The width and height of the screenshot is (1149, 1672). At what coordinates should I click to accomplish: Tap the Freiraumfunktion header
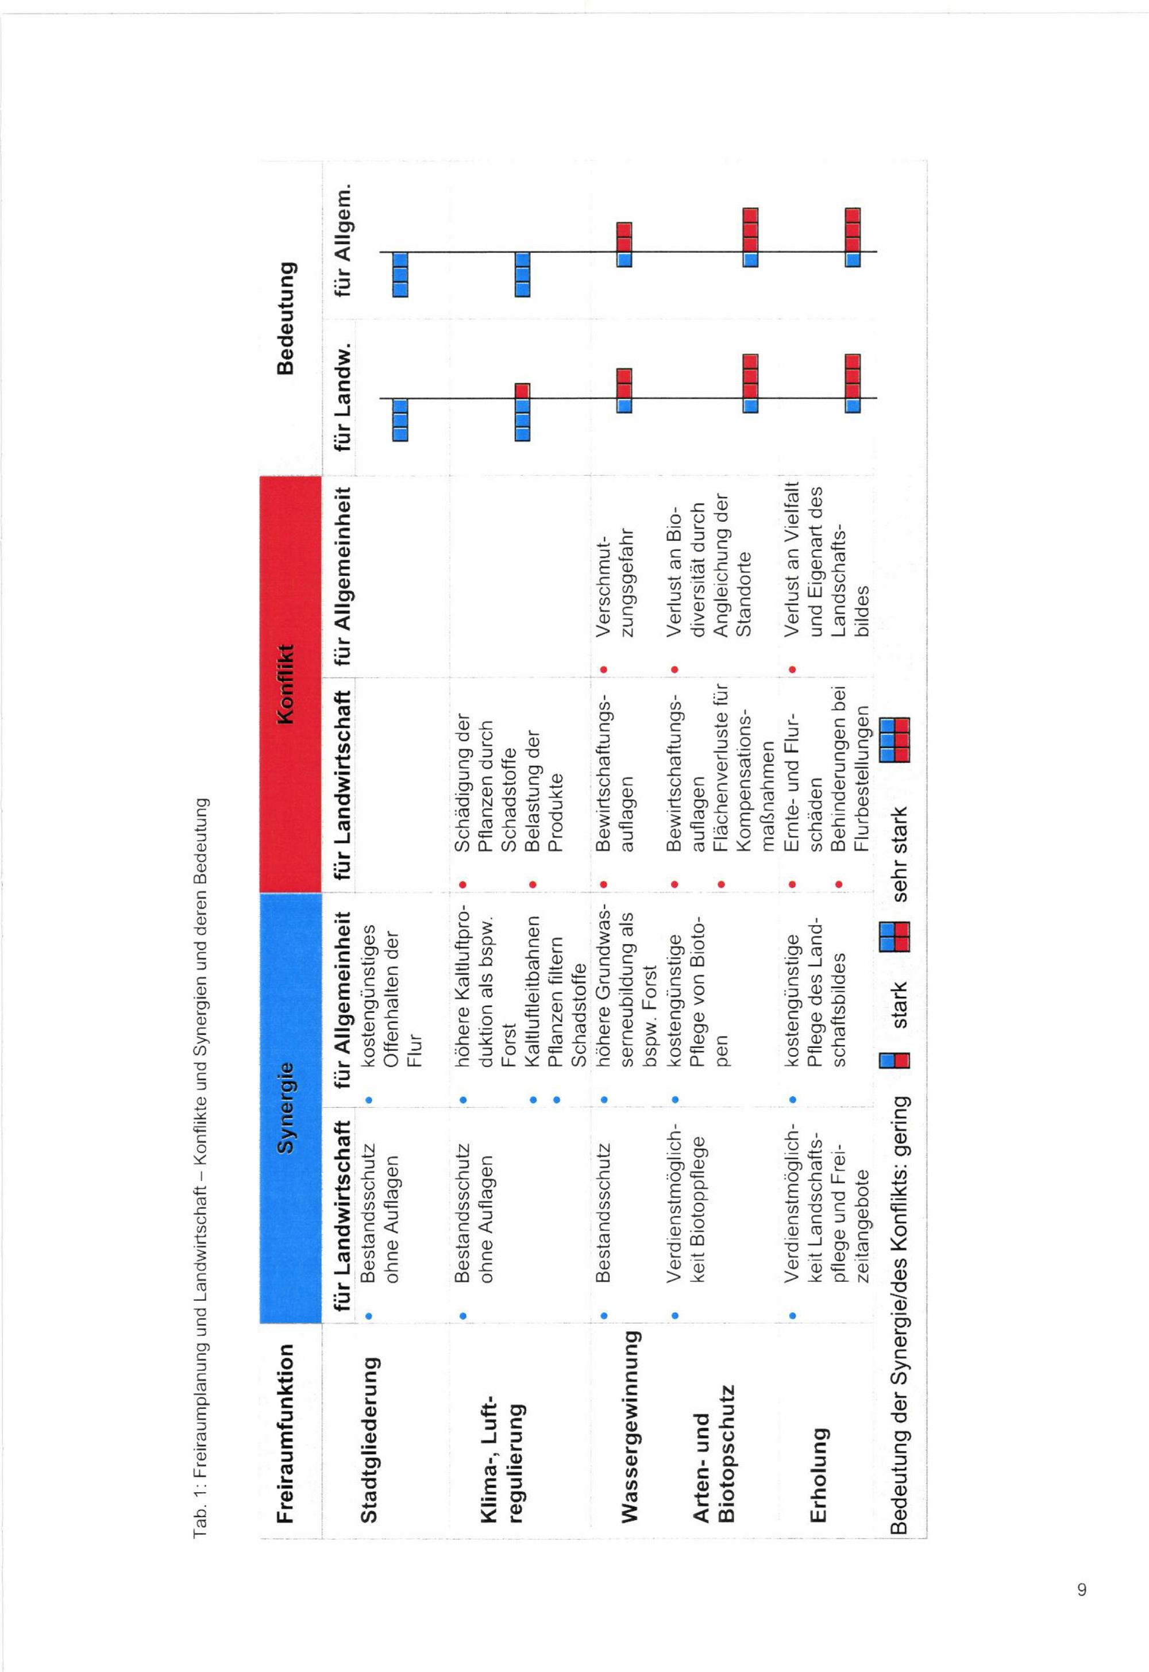click(x=286, y=1433)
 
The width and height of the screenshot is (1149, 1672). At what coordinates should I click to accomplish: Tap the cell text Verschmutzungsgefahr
click(x=614, y=586)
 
